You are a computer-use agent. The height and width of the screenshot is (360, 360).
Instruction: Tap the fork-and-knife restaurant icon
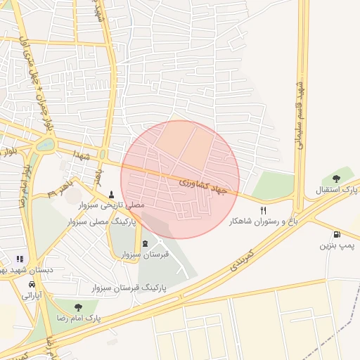coord(264,210)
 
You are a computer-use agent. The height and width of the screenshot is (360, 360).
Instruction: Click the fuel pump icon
coord(337,234)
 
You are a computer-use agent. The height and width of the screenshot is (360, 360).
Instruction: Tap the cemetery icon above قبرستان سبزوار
coord(145,243)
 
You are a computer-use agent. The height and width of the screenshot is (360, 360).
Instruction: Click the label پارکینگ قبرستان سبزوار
coord(129,288)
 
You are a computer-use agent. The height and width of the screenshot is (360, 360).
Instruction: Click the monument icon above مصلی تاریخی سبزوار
coord(111,193)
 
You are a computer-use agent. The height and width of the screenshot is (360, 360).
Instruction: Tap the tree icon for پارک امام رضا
coord(77,307)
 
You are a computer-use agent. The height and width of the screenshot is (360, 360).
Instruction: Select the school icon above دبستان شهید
coord(19,259)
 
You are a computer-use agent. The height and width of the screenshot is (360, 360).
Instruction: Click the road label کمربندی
coord(238,262)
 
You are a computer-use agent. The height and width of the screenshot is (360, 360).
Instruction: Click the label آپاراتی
coord(32,295)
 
